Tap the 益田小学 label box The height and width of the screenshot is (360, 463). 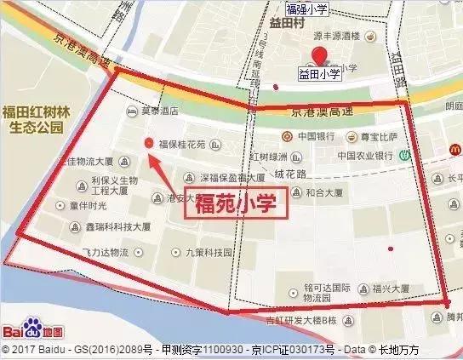(x=319, y=75)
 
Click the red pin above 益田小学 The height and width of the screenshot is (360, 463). (x=320, y=57)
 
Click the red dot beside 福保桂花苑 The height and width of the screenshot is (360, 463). (x=149, y=143)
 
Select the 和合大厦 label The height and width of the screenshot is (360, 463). (x=323, y=192)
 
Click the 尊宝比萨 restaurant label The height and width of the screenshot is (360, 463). (x=374, y=136)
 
